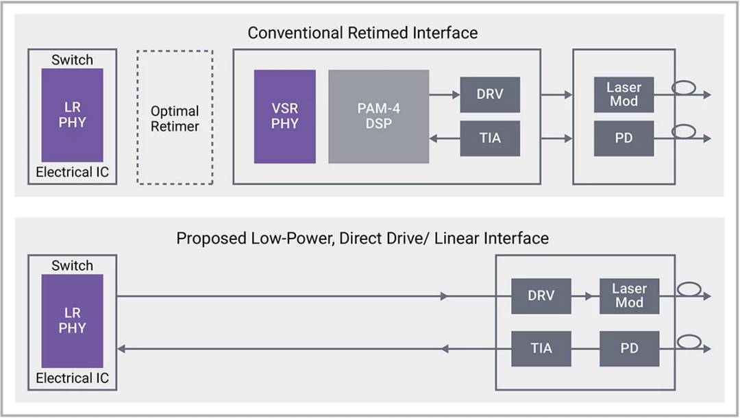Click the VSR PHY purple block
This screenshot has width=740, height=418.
(x=284, y=116)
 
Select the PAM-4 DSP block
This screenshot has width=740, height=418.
(x=378, y=116)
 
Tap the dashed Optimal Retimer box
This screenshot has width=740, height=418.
(x=175, y=117)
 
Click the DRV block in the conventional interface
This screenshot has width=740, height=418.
(x=490, y=95)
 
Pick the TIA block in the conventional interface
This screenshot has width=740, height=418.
(x=490, y=138)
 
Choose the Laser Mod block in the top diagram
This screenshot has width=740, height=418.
(x=624, y=95)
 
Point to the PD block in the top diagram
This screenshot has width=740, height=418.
(x=624, y=138)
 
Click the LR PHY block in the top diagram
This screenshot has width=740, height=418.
(x=72, y=115)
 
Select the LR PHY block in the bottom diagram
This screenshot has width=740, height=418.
(x=72, y=321)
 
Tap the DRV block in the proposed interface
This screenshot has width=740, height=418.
(x=541, y=296)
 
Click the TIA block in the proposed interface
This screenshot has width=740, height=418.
(x=541, y=349)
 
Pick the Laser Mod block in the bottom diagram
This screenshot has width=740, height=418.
(x=630, y=296)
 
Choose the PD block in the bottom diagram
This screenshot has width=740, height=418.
(x=630, y=349)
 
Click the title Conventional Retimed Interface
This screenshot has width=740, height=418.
(x=362, y=33)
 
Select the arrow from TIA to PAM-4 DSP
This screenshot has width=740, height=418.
(x=445, y=138)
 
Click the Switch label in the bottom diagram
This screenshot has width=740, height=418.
(x=72, y=266)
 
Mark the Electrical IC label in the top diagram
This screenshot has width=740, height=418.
(x=72, y=172)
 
